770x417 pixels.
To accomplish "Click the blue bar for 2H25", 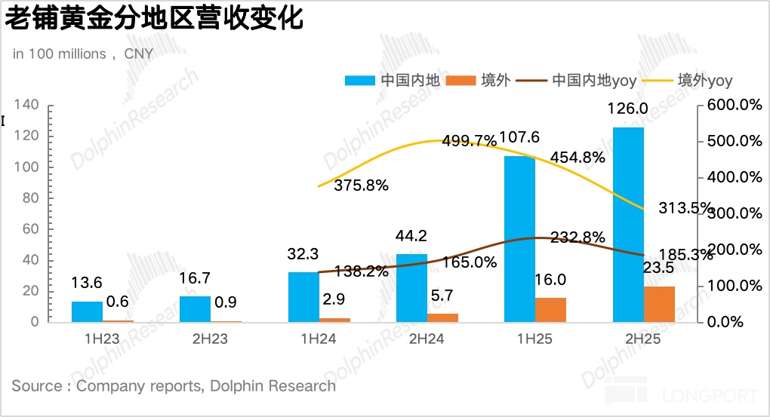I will coord(628,225).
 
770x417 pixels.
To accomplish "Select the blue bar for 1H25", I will coord(519,239).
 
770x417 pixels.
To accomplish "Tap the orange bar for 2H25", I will coord(660,304).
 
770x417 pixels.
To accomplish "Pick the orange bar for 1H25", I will coord(551,310).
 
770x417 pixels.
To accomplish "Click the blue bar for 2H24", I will coord(411,288).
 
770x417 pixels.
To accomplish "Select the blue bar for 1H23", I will coord(87,311).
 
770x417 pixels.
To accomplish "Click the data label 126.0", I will coord(627,109).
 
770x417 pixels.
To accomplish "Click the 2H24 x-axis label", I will coord(427,339).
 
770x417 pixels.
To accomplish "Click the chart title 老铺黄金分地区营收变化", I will coord(155,19).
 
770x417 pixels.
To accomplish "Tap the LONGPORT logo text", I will coord(709,396).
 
